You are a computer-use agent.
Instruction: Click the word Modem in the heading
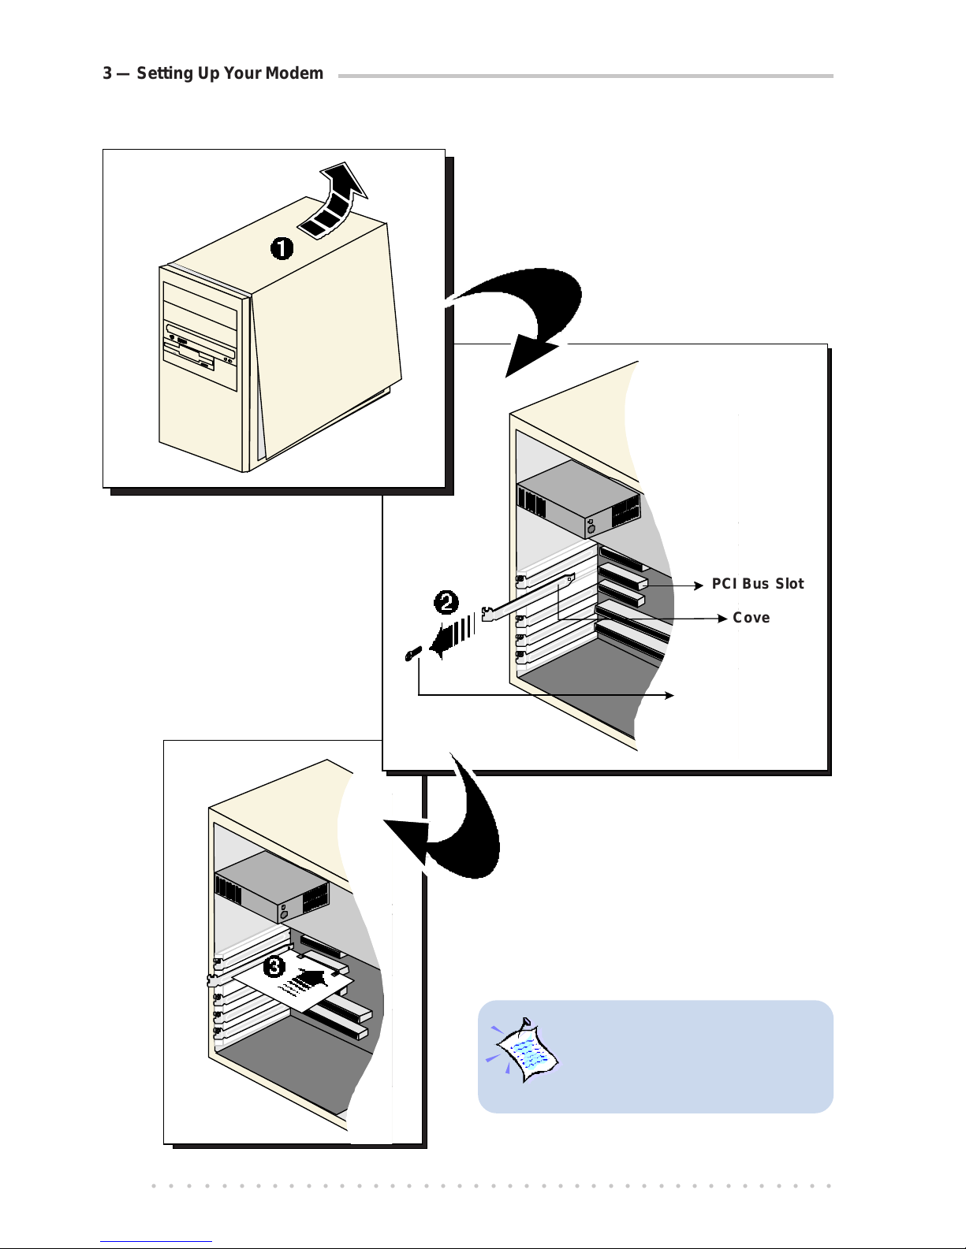295,73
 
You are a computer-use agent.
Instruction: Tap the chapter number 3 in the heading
107,73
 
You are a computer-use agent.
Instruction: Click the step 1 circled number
282,249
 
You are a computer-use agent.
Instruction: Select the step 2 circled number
446,602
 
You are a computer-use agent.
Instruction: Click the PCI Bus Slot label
758,583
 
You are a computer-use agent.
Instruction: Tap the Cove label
751,617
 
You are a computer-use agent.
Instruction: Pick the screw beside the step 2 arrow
413,653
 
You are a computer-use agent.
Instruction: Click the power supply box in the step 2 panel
579,499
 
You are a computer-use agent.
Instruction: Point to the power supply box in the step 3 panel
271,887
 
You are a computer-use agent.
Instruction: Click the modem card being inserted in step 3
293,980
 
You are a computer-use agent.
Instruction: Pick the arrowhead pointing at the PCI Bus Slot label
699,585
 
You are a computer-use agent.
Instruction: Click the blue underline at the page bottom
156,1242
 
